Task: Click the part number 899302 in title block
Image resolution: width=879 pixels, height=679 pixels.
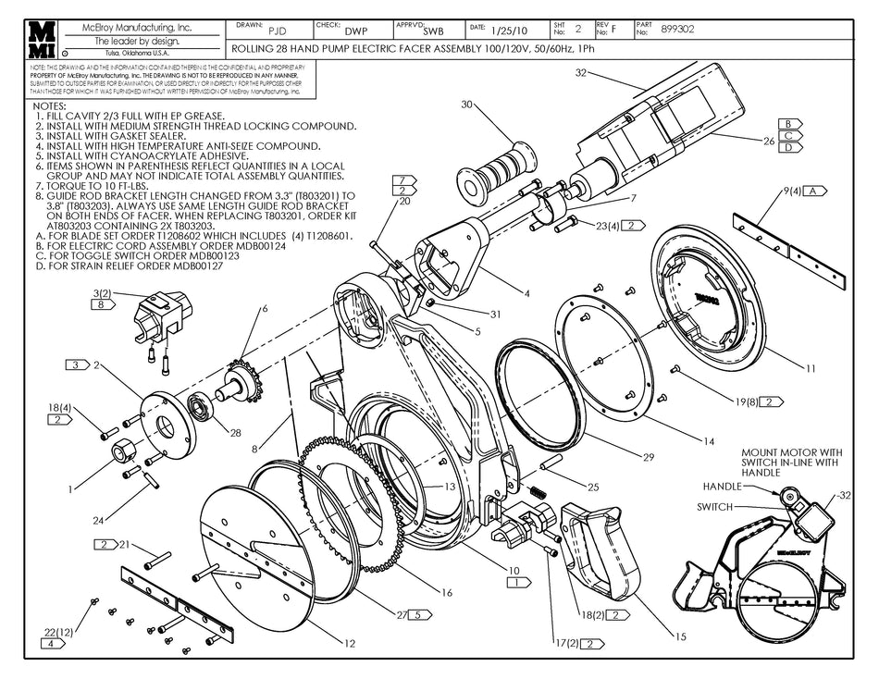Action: coord(678,30)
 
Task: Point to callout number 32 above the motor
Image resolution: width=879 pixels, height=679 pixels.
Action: coord(581,71)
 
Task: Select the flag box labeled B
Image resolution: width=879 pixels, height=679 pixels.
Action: coord(789,123)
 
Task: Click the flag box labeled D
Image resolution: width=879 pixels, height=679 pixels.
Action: coord(789,146)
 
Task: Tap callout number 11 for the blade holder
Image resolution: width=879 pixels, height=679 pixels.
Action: coord(811,369)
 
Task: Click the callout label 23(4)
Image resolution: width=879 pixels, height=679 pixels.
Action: coord(607,225)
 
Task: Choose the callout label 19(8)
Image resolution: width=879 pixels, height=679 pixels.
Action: coord(748,401)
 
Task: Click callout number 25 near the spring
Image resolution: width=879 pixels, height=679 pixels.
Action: coord(593,487)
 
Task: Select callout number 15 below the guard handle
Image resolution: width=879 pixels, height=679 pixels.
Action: coord(680,636)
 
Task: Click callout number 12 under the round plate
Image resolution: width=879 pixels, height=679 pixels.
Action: coord(349,643)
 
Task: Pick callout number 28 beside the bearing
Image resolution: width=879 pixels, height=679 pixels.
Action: coord(235,433)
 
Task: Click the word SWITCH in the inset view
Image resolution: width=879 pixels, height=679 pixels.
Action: coord(714,507)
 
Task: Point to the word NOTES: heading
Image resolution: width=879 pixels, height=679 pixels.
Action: coord(49,106)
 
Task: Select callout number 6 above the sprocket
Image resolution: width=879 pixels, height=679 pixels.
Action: coord(265,308)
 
